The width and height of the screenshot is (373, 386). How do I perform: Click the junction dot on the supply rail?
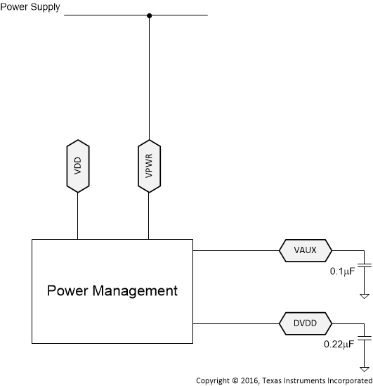148,15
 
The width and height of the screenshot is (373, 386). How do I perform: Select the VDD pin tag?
77,166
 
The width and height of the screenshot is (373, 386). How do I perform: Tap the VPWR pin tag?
148,166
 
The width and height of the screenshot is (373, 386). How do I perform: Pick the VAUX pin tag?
305,250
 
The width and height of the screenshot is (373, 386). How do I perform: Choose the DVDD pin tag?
306,323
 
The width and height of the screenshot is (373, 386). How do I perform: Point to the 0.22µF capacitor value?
340,345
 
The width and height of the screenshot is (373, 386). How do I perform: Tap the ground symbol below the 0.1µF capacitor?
365,295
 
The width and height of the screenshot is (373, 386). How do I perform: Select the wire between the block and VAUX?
235,250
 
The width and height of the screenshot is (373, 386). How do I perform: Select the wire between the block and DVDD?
235,323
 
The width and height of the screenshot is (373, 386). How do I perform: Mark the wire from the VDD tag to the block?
77,216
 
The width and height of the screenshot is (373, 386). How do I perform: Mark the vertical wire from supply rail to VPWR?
148,77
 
